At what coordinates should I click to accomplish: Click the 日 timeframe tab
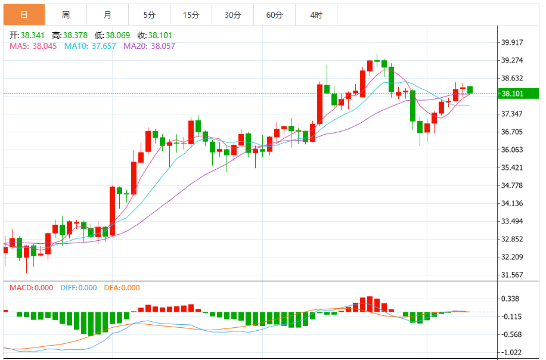pos(24,14)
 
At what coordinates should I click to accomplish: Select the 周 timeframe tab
pos(66,14)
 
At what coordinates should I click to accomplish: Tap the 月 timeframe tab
pos(107,14)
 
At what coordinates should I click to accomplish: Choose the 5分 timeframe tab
pos(149,14)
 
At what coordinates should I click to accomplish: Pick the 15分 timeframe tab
pos(191,14)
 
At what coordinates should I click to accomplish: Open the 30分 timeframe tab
pos(232,14)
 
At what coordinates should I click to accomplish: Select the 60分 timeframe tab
pos(274,14)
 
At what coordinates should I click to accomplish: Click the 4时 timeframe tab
pos(316,14)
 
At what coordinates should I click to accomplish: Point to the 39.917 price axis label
pos(513,42)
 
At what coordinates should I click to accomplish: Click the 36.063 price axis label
pos(513,150)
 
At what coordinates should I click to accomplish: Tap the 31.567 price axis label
pos(513,275)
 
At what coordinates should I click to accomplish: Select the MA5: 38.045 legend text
pos(33,46)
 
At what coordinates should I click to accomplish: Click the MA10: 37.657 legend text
pos(90,46)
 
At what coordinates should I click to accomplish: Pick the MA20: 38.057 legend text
pos(149,46)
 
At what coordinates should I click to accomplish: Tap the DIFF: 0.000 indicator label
pos(78,288)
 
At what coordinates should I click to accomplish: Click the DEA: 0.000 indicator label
pos(122,288)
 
